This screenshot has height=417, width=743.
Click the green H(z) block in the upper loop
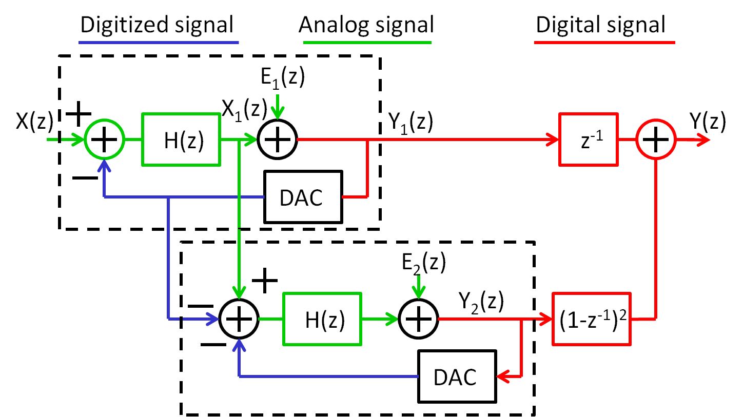pyautogui.click(x=181, y=140)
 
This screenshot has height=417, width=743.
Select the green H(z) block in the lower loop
pyautogui.click(x=322, y=319)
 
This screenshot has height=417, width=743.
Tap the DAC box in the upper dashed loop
pyautogui.click(x=303, y=197)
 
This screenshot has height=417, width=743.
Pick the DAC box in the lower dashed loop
pyautogui.click(x=457, y=376)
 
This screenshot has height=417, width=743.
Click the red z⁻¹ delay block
pyautogui.click(x=588, y=140)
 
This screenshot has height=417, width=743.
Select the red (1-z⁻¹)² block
pyautogui.click(x=591, y=319)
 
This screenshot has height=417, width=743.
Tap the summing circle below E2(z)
pyautogui.click(x=419, y=319)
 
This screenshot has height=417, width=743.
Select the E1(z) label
pyautogui.click(x=283, y=76)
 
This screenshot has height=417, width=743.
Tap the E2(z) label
pyautogui.click(x=424, y=263)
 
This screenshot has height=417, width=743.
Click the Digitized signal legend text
pyautogui.click(x=157, y=24)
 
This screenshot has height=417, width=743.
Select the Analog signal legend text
pyautogui.click(x=366, y=24)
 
